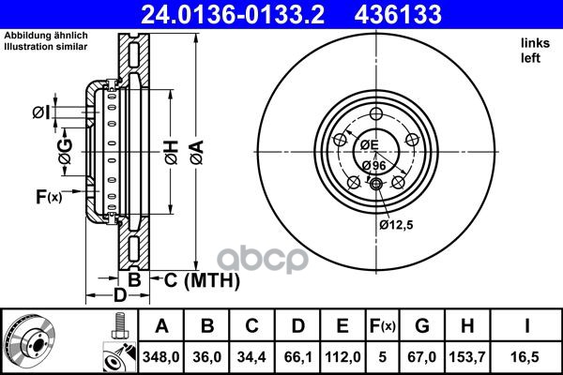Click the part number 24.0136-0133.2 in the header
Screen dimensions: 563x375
coord(233,14)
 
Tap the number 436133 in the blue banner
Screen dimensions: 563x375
coord(398,14)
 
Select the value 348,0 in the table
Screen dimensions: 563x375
coord(160,357)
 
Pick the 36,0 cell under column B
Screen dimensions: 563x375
coord(206,357)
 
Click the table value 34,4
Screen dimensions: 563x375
coord(251,357)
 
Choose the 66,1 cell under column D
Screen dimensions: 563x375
coord(298,357)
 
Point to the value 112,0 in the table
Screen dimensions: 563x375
coord(342,357)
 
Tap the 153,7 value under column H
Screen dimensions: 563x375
coord(467,357)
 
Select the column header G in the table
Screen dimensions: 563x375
coord(422,326)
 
